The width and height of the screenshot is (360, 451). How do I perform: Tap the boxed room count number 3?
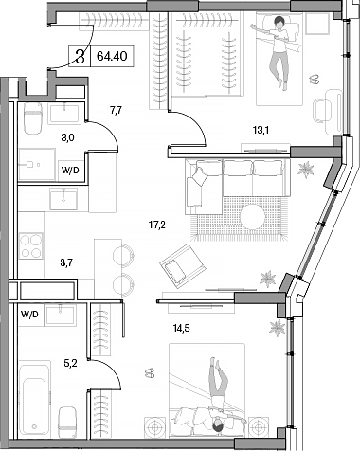tap(81, 55)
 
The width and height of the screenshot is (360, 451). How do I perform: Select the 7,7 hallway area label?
tap(116, 110)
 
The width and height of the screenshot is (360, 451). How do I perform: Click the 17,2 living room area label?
tap(158, 226)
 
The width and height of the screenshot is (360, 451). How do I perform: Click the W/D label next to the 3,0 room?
tap(70, 171)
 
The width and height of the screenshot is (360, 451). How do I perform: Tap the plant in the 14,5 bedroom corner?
tap(278, 327)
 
